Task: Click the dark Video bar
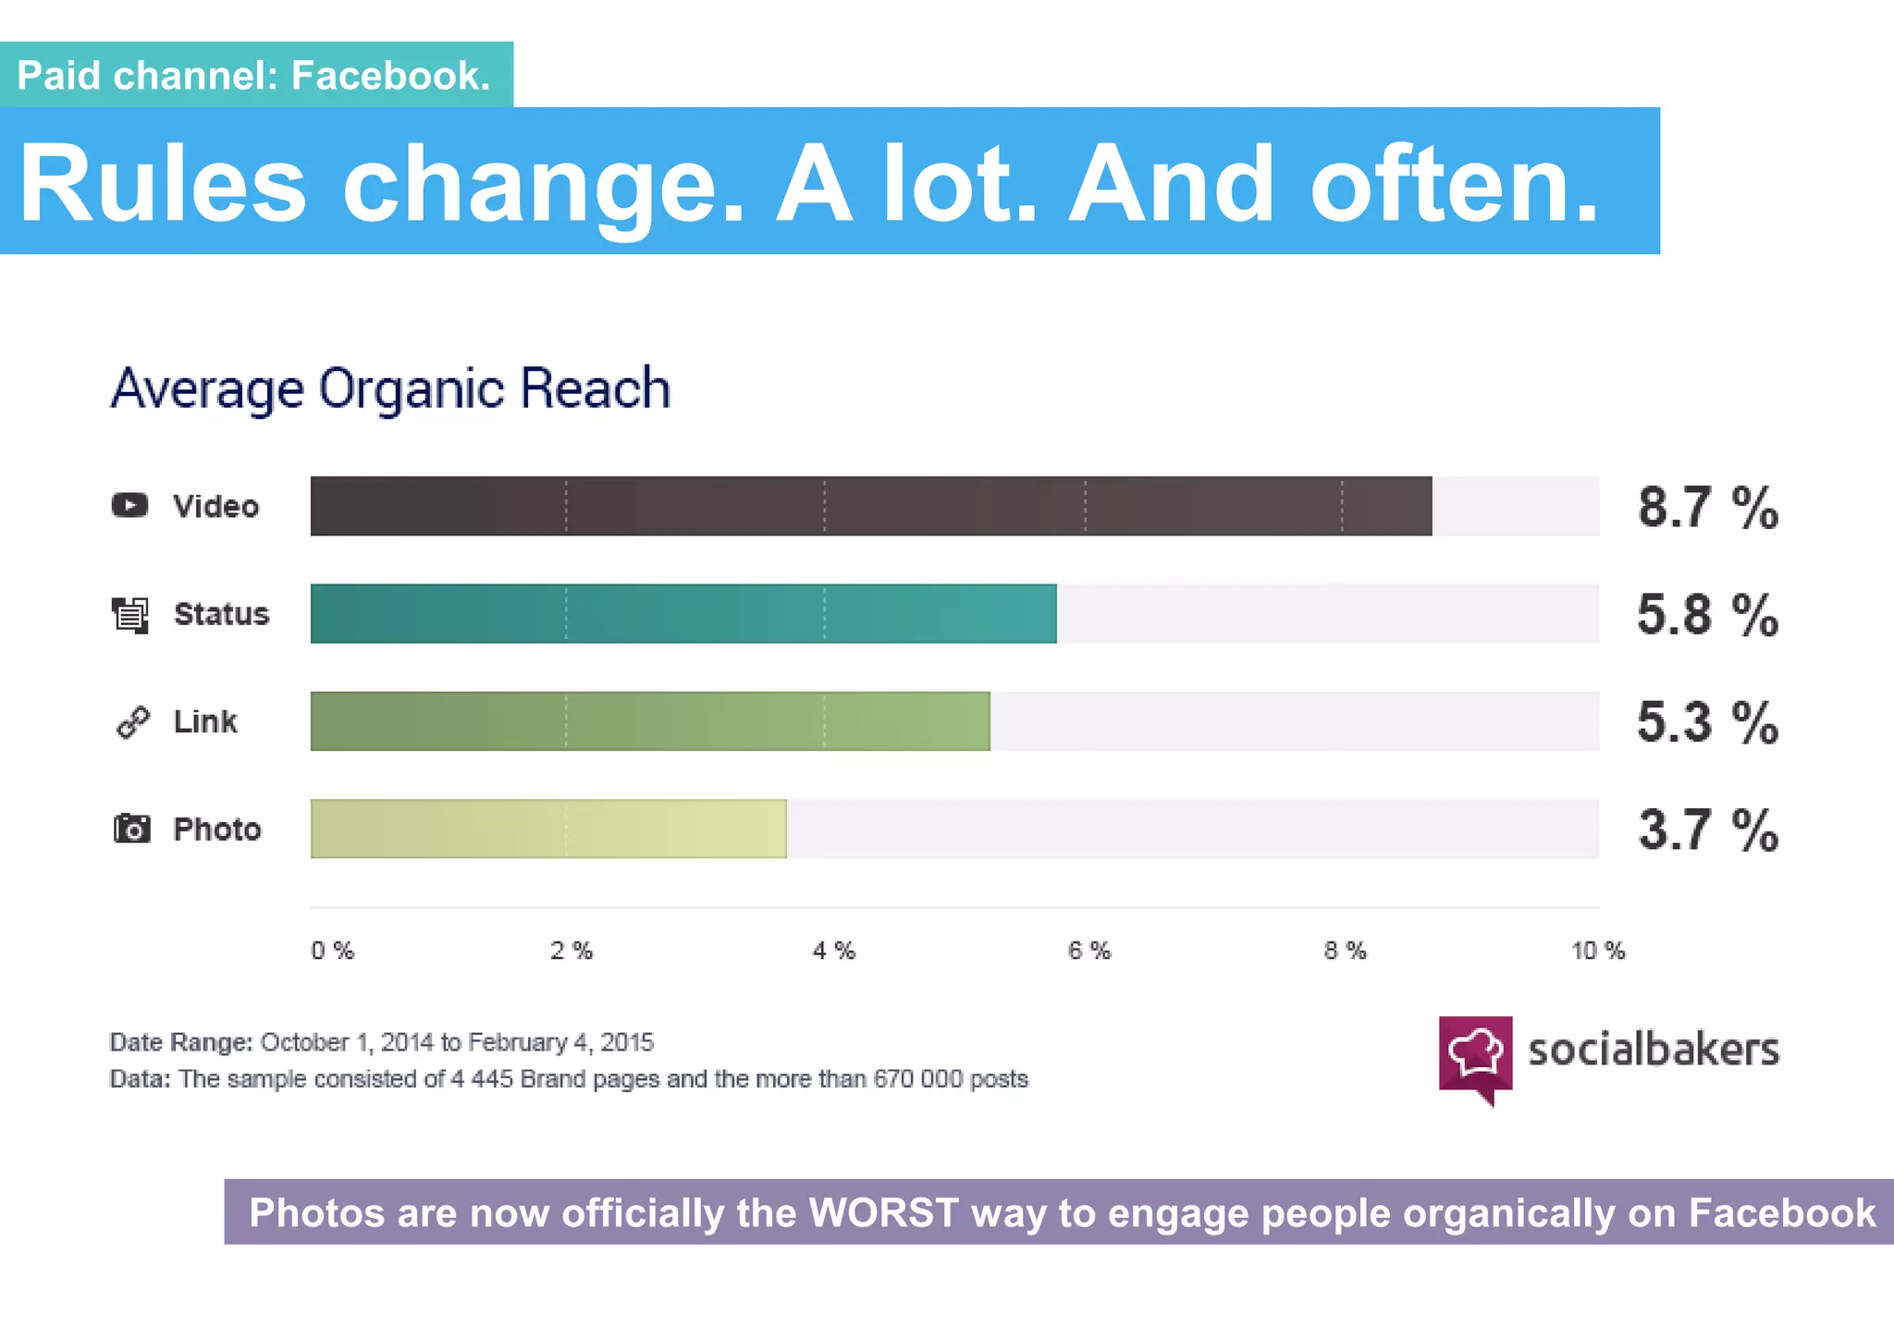point(869,506)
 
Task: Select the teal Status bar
point(683,613)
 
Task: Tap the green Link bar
point(649,721)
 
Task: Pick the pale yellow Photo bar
point(547,829)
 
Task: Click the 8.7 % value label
point(1707,508)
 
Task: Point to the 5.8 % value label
point(1707,615)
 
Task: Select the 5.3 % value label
point(1707,722)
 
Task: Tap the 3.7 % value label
point(1707,830)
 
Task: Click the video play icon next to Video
point(129,505)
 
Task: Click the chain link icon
point(132,722)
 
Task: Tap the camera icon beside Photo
point(131,829)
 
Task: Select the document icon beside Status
point(130,614)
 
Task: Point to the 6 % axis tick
point(1088,951)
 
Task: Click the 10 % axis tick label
point(1597,951)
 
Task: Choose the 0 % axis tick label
point(332,951)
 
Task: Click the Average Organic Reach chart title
point(390,388)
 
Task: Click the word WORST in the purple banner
point(883,1212)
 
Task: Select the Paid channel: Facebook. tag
point(254,75)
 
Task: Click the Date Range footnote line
point(381,1042)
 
